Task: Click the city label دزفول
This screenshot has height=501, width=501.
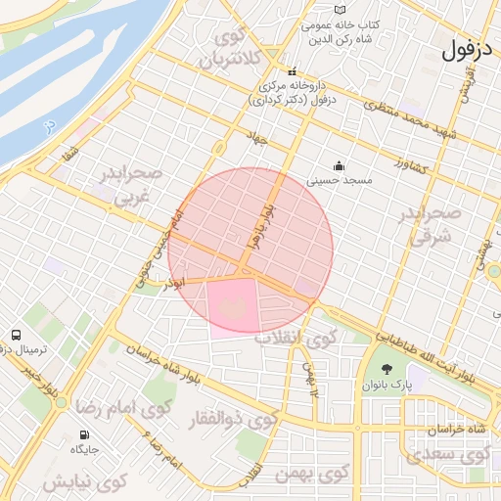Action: pyautogui.click(x=471, y=49)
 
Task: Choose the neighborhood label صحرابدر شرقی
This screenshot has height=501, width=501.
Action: pyautogui.click(x=432, y=224)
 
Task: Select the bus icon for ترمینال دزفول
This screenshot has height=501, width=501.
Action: pyautogui.click(x=17, y=335)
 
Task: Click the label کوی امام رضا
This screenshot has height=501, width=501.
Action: pyautogui.click(x=125, y=405)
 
